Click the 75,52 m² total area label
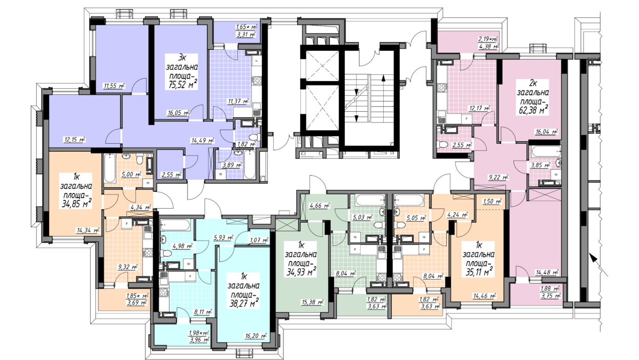point(183,85)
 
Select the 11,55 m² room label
point(114,85)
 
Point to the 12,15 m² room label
point(75,139)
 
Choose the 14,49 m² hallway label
point(203,140)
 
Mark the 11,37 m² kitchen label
point(238,101)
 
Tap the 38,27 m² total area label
point(244,303)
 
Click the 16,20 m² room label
point(256,336)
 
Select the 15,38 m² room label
point(313,302)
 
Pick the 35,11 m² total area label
point(478,271)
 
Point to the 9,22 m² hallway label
point(498,177)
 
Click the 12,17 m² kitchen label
point(480,108)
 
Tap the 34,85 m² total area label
point(76,204)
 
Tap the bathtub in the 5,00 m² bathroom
point(110,168)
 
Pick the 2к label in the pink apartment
point(533,84)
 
